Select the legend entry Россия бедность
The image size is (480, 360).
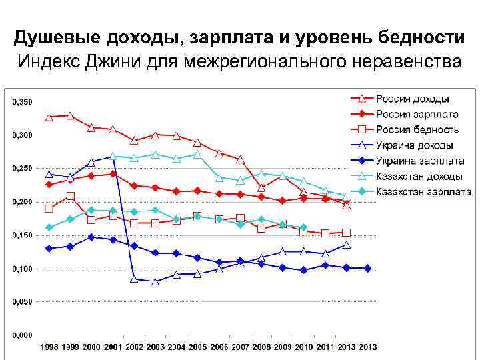(x=417, y=130)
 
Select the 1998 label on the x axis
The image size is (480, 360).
(x=49, y=347)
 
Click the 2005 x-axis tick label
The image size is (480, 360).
(x=197, y=347)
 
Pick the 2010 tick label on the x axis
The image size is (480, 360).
(x=303, y=347)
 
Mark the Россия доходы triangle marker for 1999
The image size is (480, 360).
(x=71, y=116)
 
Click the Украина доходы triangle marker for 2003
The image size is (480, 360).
(x=155, y=282)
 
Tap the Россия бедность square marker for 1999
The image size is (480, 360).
(x=71, y=196)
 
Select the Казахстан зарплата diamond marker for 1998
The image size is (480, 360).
(x=49, y=227)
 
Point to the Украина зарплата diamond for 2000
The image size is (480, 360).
(x=92, y=237)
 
